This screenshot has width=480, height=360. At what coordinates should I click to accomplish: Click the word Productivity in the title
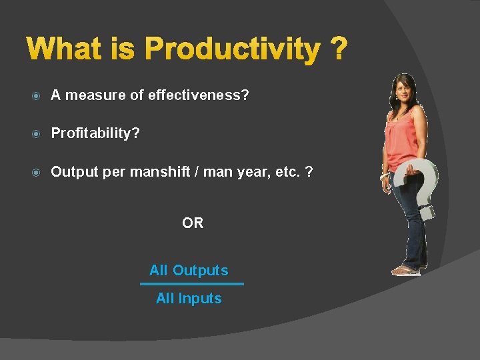[232, 49]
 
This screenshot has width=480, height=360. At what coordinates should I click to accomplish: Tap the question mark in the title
[338, 49]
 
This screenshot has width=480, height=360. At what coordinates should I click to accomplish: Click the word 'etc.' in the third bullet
[285, 171]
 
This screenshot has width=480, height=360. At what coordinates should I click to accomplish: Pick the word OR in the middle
[193, 223]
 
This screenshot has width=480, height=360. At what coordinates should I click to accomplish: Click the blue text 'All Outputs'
[189, 270]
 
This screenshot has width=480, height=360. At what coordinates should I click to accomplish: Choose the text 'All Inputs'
[189, 299]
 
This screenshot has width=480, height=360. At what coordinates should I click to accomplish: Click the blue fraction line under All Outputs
[192, 284]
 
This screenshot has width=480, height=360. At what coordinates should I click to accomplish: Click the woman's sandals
[405, 270]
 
